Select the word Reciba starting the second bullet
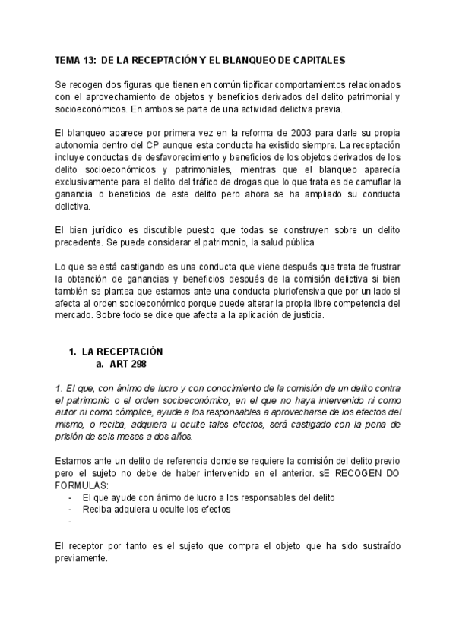(x=97, y=509)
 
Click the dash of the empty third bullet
(x=71, y=522)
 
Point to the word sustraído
(x=377, y=545)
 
